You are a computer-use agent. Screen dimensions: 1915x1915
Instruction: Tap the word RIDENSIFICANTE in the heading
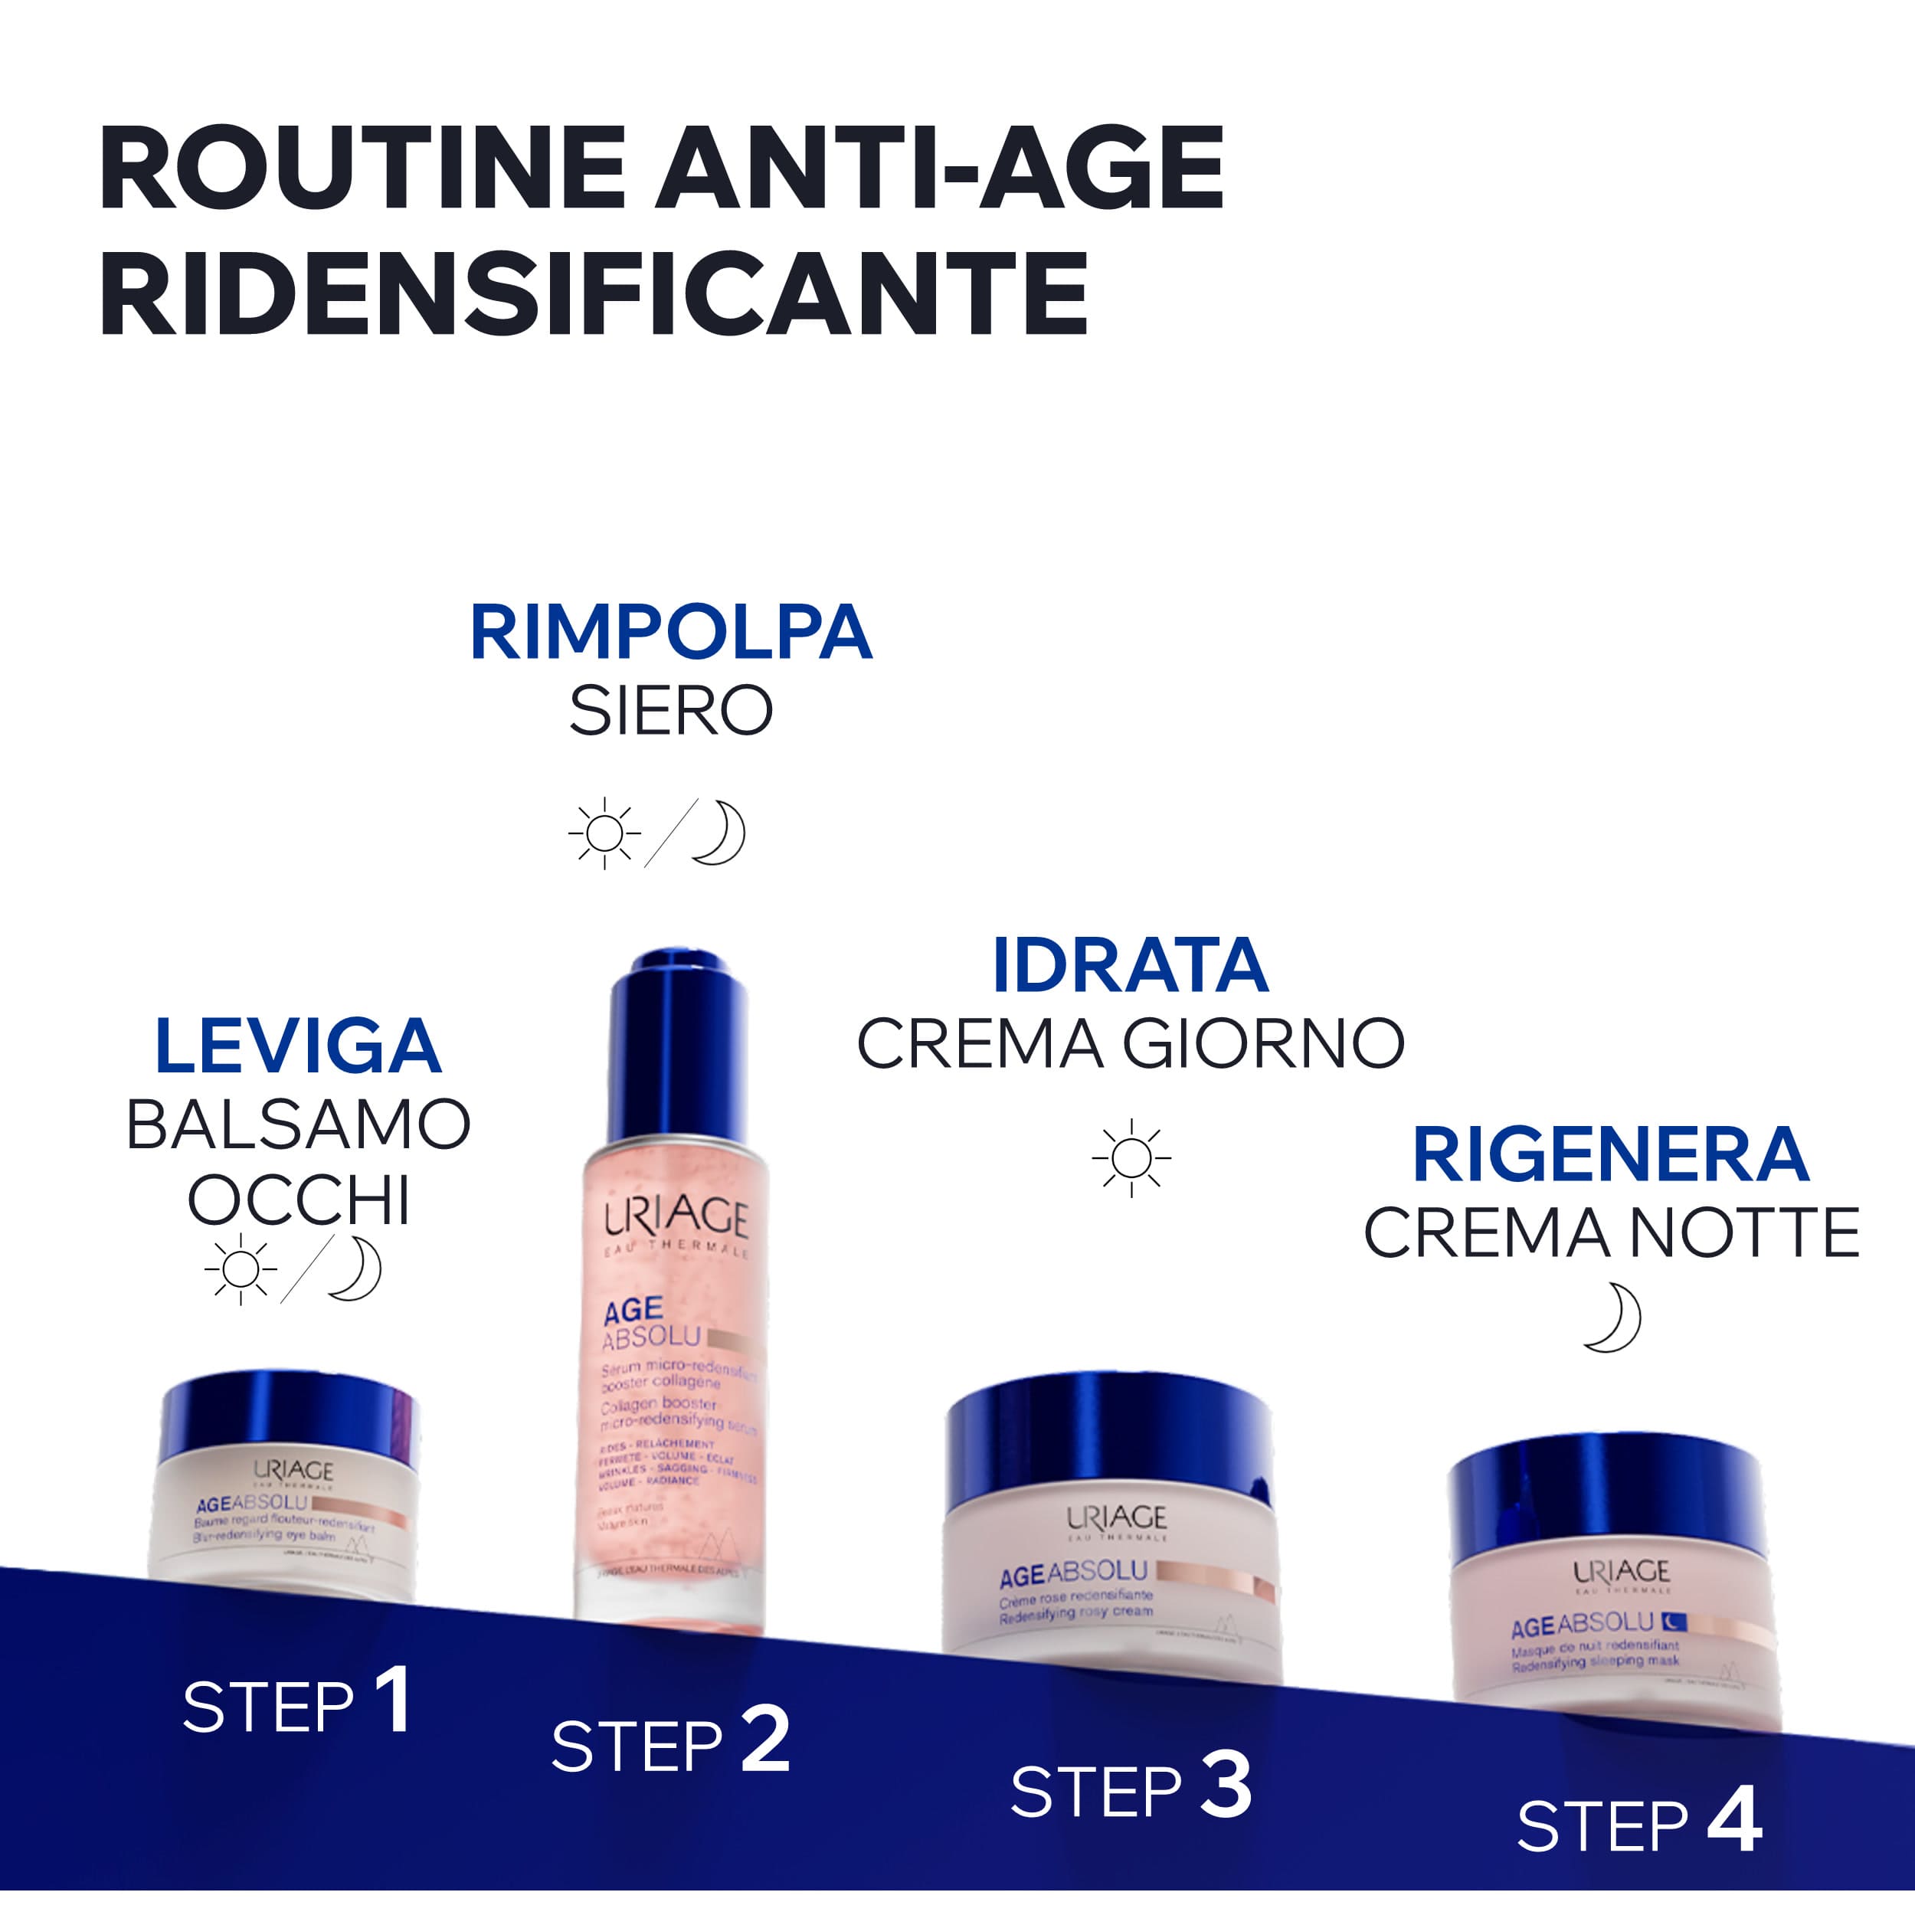coord(594,294)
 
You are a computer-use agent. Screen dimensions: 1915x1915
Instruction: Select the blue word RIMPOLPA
coord(670,633)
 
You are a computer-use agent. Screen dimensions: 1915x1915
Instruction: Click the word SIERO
coord(670,711)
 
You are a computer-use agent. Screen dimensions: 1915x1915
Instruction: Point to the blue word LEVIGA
coord(297,1046)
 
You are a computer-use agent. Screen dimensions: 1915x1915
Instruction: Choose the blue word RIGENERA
coord(1611,1155)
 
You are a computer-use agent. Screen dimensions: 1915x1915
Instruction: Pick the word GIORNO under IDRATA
coord(1263,1044)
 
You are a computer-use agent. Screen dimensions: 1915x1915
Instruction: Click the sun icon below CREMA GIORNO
coord(1131,1157)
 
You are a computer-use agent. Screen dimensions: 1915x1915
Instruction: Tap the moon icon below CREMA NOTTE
coord(1612,1318)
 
